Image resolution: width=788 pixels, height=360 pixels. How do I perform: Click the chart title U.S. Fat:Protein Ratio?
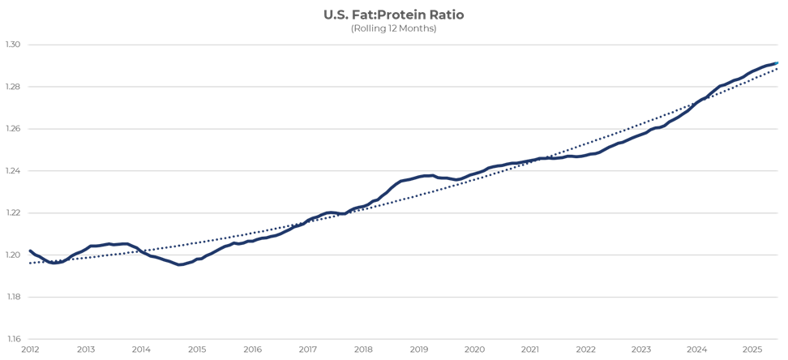tap(393, 15)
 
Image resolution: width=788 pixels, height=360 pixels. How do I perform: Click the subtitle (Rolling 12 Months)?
tap(393, 28)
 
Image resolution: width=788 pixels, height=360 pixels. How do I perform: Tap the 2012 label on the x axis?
tap(29, 349)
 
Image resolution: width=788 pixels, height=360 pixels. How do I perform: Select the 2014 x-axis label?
tap(140, 349)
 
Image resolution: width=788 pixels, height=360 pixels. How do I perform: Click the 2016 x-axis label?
tap(252, 349)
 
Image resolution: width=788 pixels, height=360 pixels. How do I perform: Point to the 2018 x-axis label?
tap(363, 349)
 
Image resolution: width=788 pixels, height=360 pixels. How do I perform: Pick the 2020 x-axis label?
tap(474, 349)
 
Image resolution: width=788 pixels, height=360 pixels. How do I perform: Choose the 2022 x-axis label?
tap(585, 349)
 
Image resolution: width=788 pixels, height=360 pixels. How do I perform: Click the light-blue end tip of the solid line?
tap(776, 62)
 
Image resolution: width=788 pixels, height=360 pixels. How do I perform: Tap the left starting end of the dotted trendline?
tap(30, 263)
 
